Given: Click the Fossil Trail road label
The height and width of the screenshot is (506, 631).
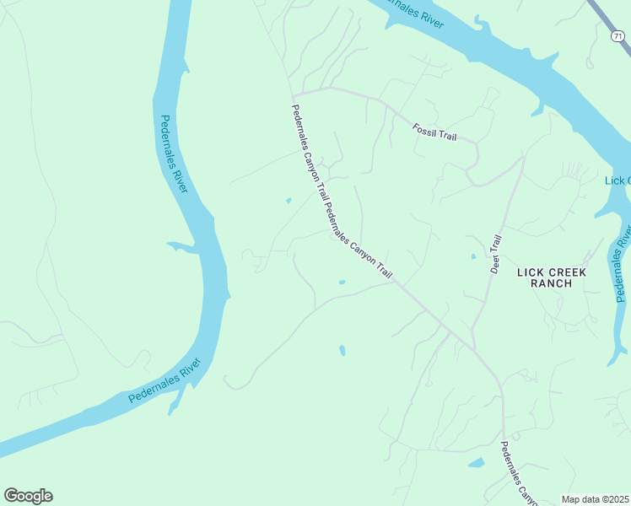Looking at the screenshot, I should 434,132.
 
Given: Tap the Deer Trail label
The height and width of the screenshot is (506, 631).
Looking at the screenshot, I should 496,254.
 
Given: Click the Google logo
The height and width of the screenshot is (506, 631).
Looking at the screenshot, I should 28,496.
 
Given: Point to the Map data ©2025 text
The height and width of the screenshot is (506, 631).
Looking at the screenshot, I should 596,499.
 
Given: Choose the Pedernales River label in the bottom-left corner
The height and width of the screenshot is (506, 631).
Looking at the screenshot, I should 165,381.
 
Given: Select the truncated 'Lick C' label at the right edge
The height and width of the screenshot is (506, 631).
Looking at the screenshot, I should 618,181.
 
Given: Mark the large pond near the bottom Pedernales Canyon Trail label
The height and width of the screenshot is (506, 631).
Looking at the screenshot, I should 477,463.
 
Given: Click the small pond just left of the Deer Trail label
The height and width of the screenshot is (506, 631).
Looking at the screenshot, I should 473,256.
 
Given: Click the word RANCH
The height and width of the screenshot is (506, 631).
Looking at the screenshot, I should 552,283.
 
